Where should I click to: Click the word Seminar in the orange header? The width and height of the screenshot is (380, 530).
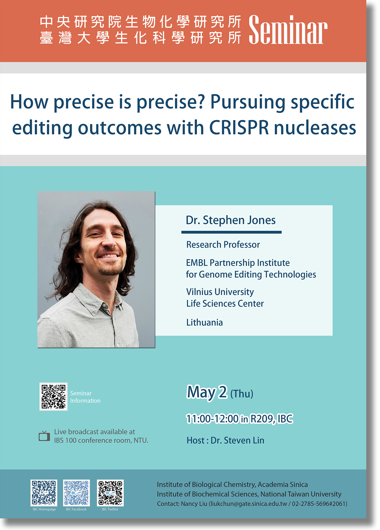[288, 30]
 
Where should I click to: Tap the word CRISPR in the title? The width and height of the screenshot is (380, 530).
[239, 128]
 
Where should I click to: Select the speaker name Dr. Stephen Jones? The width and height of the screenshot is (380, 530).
[231, 220]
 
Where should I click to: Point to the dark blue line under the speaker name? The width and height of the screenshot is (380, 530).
[232, 232]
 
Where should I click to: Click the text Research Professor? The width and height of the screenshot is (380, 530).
[223, 245]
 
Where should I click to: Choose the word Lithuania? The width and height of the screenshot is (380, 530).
[205, 322]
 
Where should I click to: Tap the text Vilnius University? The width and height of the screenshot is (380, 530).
[220, 292]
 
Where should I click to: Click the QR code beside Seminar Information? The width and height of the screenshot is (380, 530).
[54, 396]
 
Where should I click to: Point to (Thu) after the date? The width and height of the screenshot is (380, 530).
[242, 394]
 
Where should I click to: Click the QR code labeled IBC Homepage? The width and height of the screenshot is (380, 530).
[44, 493]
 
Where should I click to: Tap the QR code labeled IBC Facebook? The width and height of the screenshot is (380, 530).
[76, 493]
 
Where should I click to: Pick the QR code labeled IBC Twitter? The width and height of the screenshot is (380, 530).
[110, 493]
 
